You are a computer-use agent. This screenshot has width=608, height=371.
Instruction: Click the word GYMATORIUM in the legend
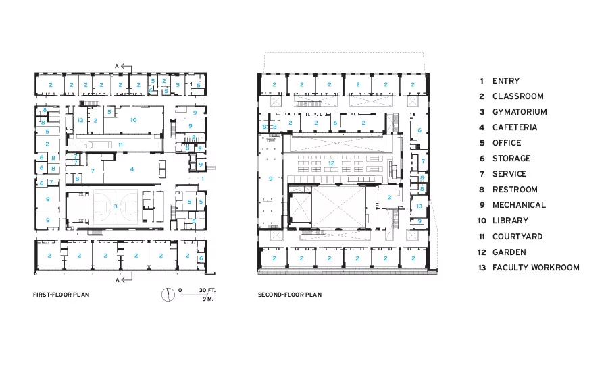tap(520, 112)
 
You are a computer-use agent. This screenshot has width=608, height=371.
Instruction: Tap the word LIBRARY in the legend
tap(510, 221)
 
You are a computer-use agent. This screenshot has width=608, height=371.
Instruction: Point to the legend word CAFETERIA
tap(515, 127)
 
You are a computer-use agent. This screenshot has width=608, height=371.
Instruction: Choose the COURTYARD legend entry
tap(517, 237)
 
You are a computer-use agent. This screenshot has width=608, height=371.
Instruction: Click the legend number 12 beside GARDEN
tap(482, 252)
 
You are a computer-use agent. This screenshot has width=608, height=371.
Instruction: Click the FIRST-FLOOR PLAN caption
tap(61, 295)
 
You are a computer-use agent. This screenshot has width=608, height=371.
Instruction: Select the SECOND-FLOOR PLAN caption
tap(290, 295)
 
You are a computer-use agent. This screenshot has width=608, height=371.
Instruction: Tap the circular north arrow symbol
tap(168, 295)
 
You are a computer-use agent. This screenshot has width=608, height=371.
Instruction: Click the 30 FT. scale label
tap(207, 291)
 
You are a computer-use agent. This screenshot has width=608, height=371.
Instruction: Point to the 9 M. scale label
tap(208, 299)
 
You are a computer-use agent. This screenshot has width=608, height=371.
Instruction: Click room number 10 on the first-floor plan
tap(133, 120)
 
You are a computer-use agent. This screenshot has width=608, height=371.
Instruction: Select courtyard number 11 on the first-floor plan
tap(121, 145)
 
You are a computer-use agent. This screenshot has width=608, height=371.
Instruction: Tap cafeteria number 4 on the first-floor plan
tap(132, 169)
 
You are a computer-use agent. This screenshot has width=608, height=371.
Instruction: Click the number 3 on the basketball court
tap(115, 206)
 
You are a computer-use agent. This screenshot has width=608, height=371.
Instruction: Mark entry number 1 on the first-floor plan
tap(203, 179)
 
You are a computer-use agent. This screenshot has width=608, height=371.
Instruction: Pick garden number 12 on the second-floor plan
tap(331, 163)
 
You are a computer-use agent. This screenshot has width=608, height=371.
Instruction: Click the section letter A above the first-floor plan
tap(117, 67)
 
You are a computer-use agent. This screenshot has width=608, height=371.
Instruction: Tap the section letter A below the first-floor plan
tap(118, 280)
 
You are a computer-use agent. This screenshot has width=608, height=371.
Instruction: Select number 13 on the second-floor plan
tap(419, 206)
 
